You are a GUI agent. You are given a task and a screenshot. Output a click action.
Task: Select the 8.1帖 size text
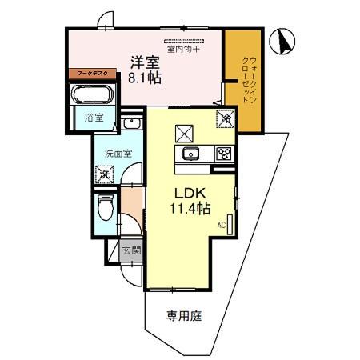(x=146, y=78)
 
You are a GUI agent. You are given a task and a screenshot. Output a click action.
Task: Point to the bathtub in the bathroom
(x=94, y=94)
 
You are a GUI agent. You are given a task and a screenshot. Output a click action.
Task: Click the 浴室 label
(x=94, y=118)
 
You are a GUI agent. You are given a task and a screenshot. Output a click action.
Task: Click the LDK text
(x=189, y=193)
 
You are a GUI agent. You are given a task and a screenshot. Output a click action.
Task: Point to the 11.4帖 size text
(x=190, y=210)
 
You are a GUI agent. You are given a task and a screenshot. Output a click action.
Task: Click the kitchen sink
(x=190, y=154)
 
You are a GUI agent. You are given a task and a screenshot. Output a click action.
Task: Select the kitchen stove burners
(x=224, y=154)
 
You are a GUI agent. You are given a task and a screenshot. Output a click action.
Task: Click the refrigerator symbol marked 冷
(x=226, y=119)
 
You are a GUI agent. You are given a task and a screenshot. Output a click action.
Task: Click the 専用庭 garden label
(x=184, y=316)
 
